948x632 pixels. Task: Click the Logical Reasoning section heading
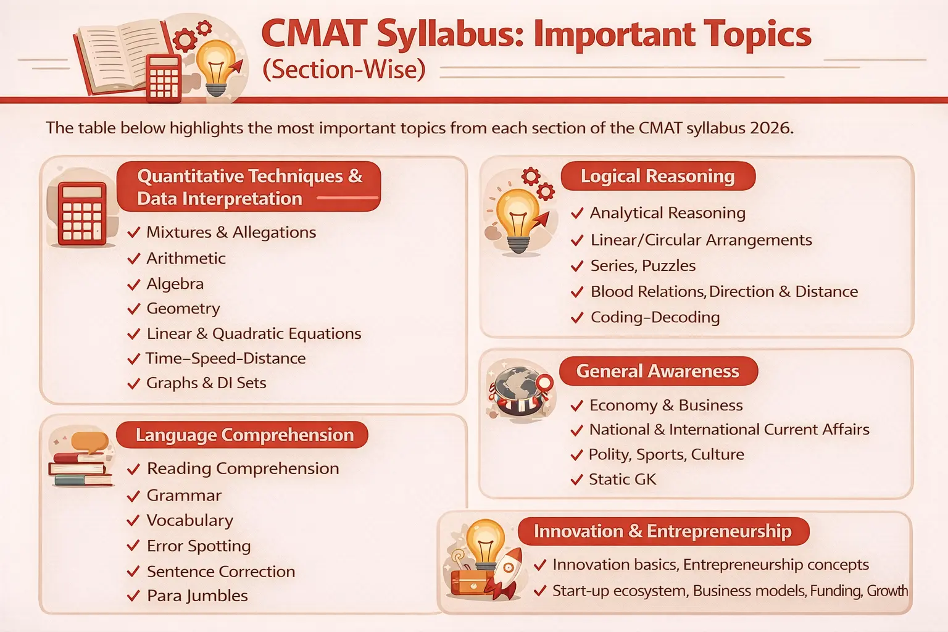[657, 177]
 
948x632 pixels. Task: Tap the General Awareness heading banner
[657, 372]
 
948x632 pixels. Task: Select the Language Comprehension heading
[244, 435]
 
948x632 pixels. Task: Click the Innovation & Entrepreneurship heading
[662, 531]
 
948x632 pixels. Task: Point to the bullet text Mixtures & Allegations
[231, 233]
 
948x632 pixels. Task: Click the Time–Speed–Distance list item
[225, 359]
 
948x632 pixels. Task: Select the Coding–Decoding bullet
[655, 317]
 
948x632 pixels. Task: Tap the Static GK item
[622, 480]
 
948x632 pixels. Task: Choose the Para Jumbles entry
[197, 596]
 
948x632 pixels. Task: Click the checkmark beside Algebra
[133, 285]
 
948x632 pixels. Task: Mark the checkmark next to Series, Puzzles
[577, 266]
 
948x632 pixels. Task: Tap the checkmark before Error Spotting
[133, 546]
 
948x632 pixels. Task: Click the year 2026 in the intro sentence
[770, 128]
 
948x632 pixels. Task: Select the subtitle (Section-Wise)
[344, 69]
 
